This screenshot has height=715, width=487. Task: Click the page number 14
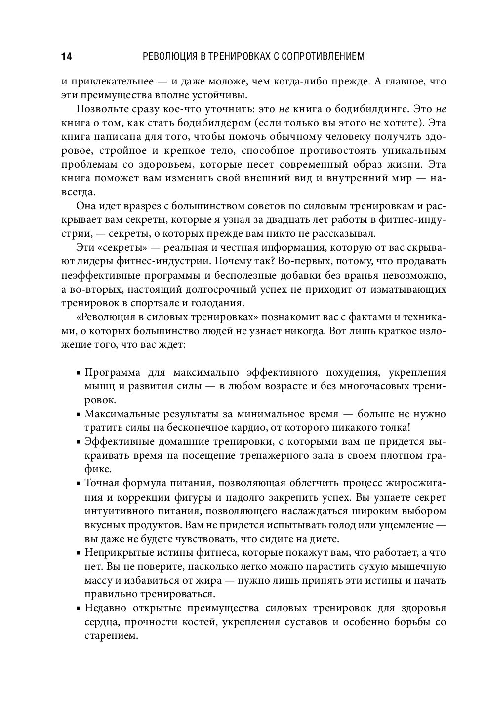click(x=66, y=57)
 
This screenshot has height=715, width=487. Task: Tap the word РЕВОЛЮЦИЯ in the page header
click(x=167, y=56)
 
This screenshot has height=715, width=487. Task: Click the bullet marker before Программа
click(x=79, y=373)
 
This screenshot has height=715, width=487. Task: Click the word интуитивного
click(x=117, y=511)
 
